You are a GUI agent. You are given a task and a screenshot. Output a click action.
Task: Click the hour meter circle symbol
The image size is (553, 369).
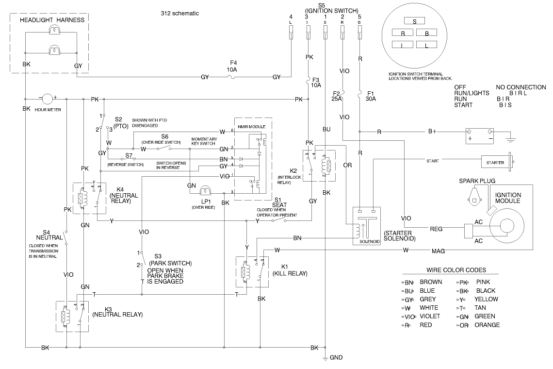tap(47, 99)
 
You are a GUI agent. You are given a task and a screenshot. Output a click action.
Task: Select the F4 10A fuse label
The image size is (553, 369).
tap(233, 66)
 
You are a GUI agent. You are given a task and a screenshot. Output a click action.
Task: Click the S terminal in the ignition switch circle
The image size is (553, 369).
tap(414, 21)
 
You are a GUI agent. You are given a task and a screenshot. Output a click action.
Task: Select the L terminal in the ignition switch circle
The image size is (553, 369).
tap(426, 45)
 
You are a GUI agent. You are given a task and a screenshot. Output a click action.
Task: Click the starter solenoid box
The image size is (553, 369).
tap(366, 226)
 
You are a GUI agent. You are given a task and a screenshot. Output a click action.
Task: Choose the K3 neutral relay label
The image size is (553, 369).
tap(117, 311)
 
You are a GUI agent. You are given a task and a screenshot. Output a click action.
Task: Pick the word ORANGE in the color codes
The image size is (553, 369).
tap(487, 325)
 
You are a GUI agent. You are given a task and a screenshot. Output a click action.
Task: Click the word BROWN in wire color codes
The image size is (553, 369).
tap(430, 282)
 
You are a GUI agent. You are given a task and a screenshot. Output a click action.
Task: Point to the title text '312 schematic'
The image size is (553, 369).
tap(179, 13)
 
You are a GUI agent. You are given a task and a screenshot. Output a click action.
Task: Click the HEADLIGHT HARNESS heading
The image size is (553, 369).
tap(52, 20)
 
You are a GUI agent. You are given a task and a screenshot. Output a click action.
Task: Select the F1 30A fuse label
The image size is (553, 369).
tap(371, 96)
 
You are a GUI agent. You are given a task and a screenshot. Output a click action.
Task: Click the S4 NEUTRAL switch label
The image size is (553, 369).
tap(50, 235)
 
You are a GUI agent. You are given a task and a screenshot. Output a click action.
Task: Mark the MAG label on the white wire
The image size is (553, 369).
tap(439, 251)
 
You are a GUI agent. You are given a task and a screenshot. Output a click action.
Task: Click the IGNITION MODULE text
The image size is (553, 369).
tap(508, 198)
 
